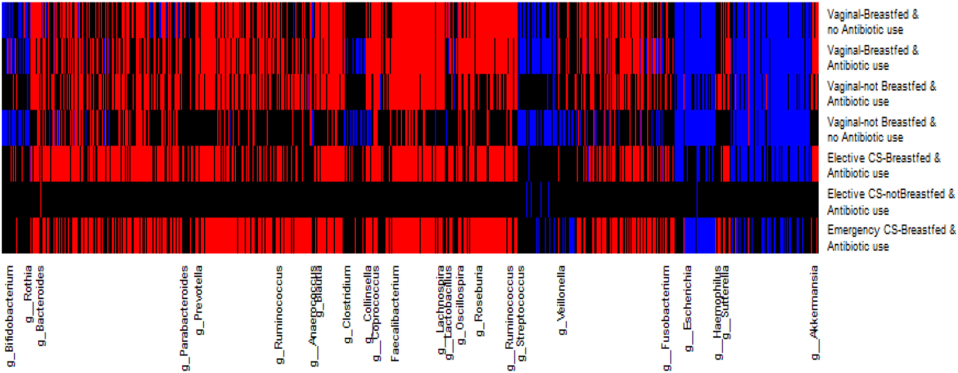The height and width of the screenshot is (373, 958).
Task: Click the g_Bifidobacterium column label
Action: (10, 316)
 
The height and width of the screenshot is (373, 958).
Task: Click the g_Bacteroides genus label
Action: (41, 305)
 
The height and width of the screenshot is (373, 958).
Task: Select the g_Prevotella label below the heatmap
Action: (199, 300)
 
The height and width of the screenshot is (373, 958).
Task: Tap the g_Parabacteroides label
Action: (185, 318)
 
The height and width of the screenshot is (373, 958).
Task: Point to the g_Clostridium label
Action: (347, 304)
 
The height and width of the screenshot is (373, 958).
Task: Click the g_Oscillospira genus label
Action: (460, 305)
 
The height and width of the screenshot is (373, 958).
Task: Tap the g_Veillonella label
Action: (562, 300)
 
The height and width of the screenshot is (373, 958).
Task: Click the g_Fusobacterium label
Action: (667, 318)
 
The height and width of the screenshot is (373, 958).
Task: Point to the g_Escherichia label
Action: (688, 308)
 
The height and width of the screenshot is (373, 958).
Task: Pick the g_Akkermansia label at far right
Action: (815, 312)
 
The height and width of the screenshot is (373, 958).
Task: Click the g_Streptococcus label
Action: (521, 314)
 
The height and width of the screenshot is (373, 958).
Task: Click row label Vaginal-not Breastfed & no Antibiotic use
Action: (881, 130)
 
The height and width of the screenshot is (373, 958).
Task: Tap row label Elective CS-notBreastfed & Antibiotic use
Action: (890, 202)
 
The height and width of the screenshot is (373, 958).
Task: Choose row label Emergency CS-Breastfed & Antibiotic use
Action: (891, 238)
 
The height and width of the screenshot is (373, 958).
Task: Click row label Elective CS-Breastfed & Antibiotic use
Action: (883, 165)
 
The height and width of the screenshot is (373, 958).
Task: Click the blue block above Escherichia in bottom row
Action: (699, 236)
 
